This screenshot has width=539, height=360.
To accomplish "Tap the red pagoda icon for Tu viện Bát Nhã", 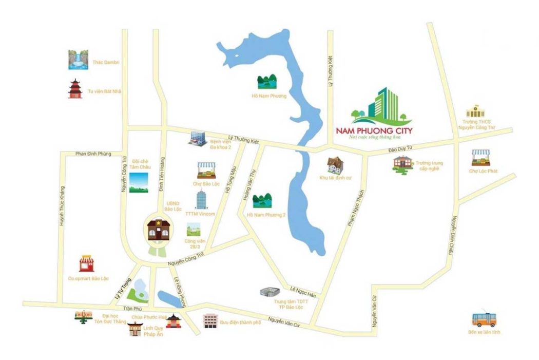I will (x=75, y=89).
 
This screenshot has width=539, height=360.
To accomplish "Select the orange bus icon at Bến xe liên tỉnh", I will (x=483, y=319).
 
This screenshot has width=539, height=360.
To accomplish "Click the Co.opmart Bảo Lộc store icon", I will (x=87, y=263).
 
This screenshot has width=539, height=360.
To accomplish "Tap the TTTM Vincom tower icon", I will (x=200, y=200).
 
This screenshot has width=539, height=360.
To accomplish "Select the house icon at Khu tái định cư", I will (x=336, y=165).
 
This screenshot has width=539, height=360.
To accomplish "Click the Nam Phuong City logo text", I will (x=374, y=130).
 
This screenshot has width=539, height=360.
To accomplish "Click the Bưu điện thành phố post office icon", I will (x=210, y=321).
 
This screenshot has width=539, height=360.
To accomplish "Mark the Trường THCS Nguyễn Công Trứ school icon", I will (x=475, y=111).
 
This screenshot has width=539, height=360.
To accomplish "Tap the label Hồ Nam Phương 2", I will (x=266, y=215).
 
